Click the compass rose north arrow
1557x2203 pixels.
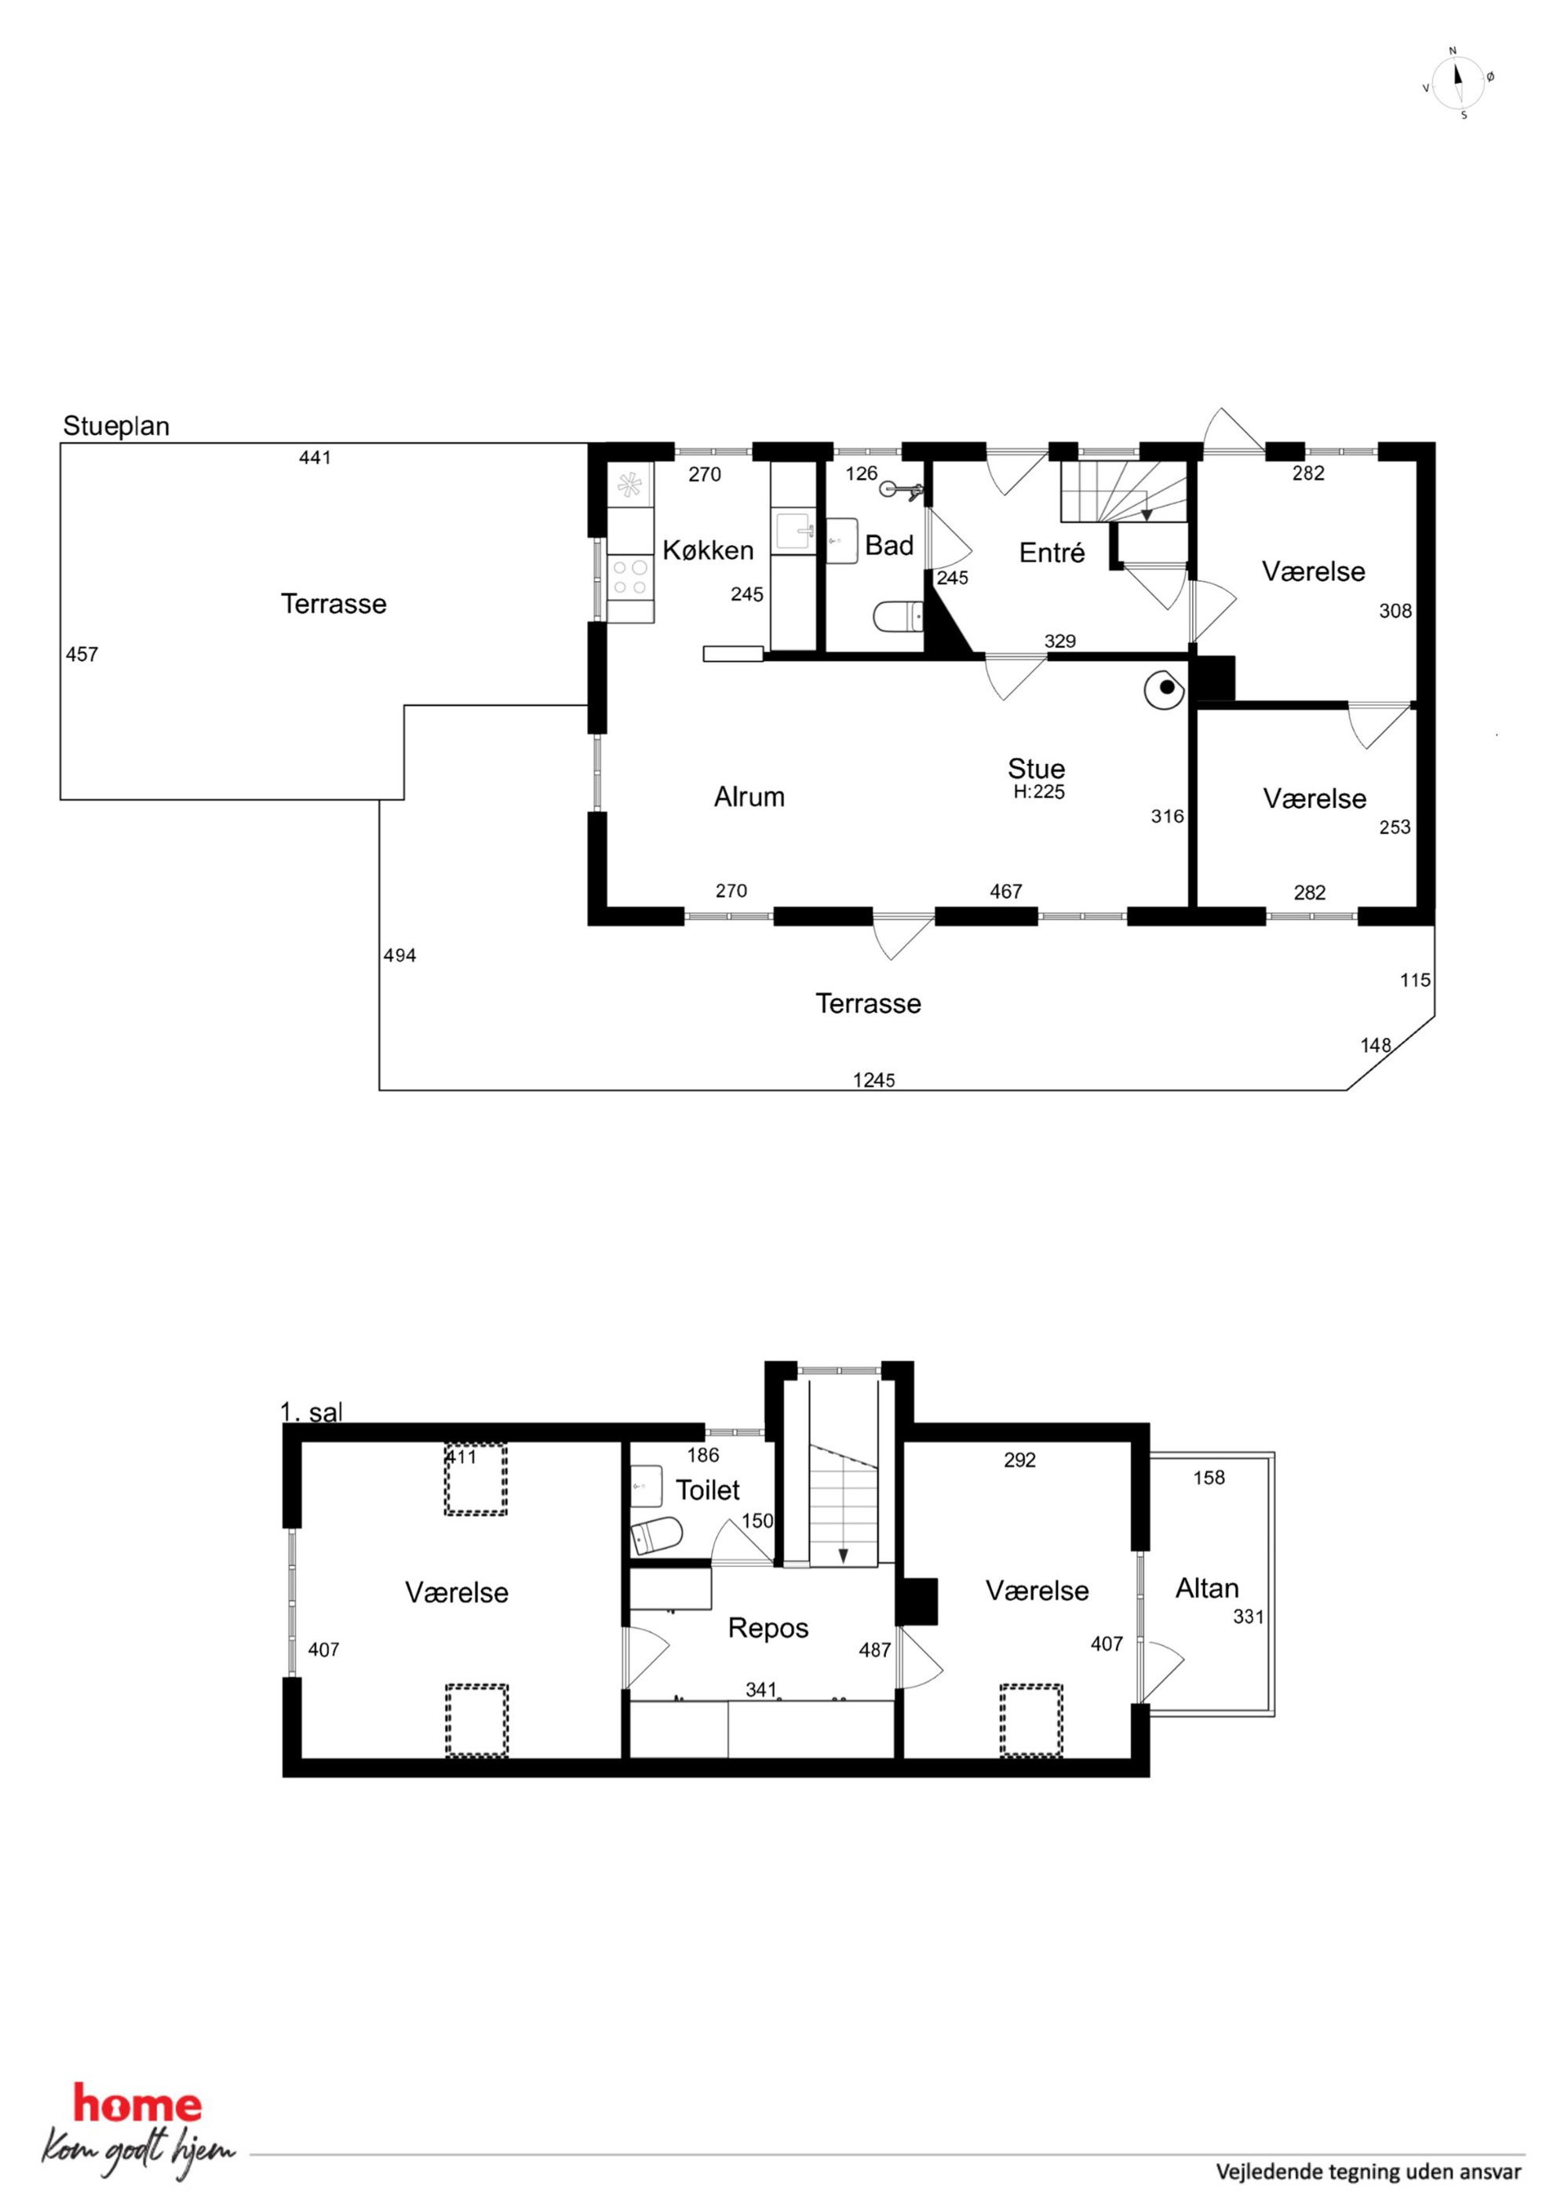(x=1459, y=82)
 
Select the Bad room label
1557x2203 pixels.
(x=888, y=545)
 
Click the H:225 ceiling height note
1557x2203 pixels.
(x=1039, y=791)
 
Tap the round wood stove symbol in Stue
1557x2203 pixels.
(x=1165, y=688)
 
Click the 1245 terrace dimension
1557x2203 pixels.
(x=874, y=1080)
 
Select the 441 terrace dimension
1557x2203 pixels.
(x=315, y=458)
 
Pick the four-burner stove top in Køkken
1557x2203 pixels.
(x=630, y=576)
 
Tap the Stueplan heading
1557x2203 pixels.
(x=116, y=426)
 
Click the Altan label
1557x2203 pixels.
(x=1207, y=1588)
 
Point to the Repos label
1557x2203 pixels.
(x=768, y=1628)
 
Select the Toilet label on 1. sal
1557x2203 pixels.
(x=708, y=1490)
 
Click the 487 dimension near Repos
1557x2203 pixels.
(x=875, y=1650)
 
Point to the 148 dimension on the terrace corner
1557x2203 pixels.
(x=1375, y=1045)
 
